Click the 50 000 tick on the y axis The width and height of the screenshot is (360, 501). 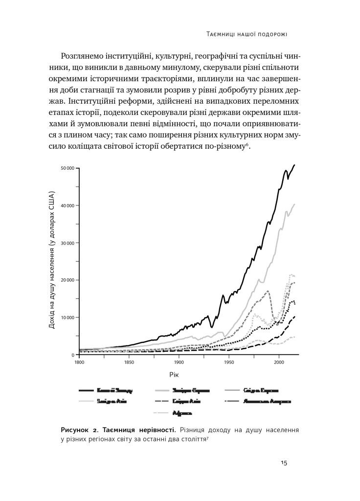coord(67,168)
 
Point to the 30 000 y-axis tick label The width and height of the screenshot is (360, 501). coord(67,243)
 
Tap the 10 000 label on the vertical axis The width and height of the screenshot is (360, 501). coord(67,318)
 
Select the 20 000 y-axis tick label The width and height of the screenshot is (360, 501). coord(67,280)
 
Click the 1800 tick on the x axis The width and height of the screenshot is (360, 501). coord(78,363)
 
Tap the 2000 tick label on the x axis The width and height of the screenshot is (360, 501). coord(279,363)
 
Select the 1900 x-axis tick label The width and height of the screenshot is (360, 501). coord(179,363)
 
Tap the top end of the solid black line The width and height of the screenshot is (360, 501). coord(294,165)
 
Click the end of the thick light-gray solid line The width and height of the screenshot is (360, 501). coord(294,204)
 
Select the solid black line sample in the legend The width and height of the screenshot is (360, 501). coord(92,390)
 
